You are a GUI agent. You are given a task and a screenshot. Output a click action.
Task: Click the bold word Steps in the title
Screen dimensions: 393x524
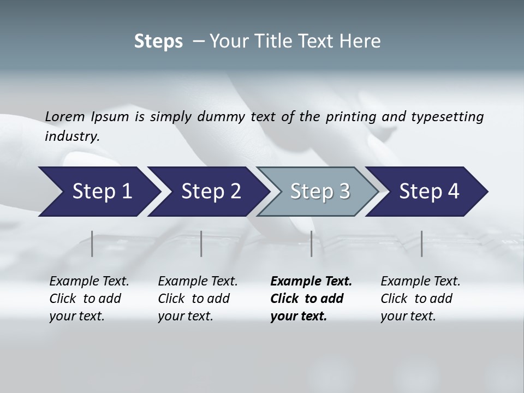(158, 41)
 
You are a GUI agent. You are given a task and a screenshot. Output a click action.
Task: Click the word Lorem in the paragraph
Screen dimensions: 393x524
(65, 117)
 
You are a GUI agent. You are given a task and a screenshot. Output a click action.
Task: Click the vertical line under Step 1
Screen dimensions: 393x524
(92, 243)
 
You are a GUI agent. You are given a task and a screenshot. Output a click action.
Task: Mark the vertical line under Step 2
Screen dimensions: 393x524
(201, 243)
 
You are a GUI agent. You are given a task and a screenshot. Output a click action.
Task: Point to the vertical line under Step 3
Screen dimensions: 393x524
(312, 243)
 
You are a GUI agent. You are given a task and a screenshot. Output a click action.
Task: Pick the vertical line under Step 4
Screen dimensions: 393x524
(422, 243)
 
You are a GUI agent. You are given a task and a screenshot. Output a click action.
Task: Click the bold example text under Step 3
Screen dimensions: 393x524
(311, 299)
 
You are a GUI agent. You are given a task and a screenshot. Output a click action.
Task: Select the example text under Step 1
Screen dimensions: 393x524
(89, 299)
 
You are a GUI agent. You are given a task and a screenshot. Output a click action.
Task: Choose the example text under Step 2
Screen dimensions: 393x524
(198, 299)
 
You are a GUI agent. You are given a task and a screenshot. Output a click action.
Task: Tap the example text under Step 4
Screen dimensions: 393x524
(420, 299)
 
